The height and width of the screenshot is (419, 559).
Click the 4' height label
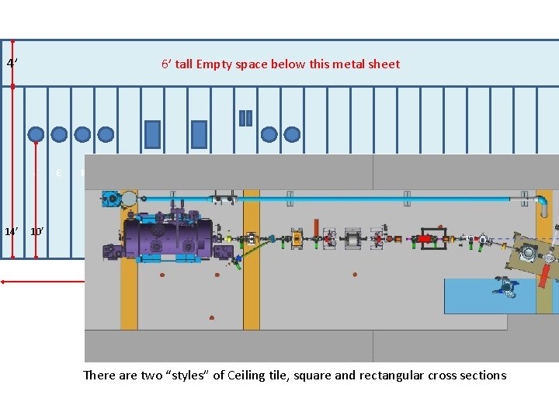tap(11, 62)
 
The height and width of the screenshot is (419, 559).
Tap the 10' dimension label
tap(36, 231)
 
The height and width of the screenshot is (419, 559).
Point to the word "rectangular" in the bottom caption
tap(386, 376)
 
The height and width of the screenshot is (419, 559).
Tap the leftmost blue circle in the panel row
tap(36, 134)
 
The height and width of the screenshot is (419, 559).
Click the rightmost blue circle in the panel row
tap(292, 134)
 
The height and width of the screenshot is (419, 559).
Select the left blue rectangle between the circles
tap(152, 134)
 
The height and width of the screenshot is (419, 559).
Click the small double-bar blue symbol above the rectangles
tap(245, 118)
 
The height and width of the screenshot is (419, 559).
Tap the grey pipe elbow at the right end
tap(541, 205)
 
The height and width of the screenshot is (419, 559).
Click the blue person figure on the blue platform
tap(505, 286)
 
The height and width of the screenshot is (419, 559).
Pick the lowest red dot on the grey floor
tap(211, 317)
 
